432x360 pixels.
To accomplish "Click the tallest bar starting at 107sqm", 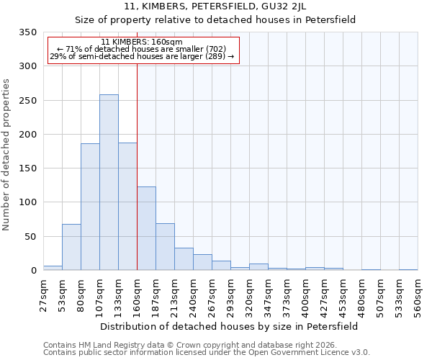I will [x=109, y=183].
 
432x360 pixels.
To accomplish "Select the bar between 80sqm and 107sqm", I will [x=90, y=207].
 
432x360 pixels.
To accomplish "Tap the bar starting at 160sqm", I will [x=146, y=229].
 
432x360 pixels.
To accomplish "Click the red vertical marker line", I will [x=137, y=166].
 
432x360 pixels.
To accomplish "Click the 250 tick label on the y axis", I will [x=27, y=101].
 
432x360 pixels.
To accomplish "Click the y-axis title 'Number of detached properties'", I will [x=6, y=154].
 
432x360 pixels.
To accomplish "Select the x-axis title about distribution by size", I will [x=229, y=326].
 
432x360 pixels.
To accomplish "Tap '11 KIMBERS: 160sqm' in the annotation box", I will [x=142, y=42].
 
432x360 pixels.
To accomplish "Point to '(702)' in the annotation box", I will [x=214, y=49].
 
